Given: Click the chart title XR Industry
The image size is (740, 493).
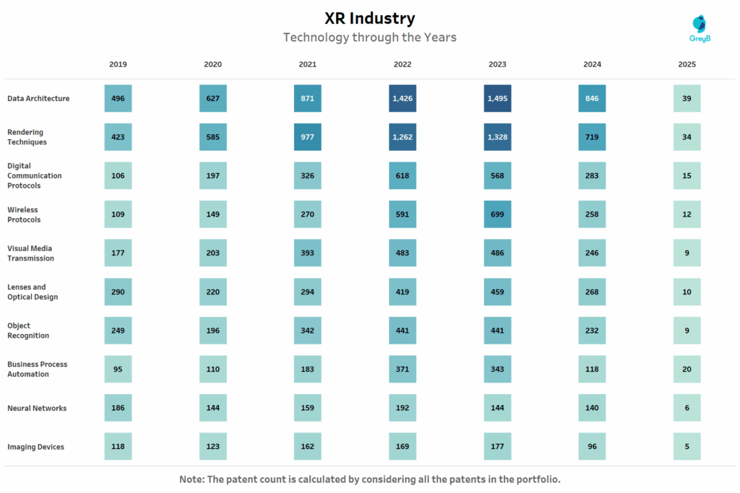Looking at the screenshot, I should point(369,18).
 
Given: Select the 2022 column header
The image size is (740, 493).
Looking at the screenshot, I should point(403,64).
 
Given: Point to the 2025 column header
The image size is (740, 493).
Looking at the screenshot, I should point(687,64).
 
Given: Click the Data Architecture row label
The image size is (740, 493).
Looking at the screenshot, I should point(38,98).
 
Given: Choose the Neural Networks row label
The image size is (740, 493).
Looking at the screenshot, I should point(37,408).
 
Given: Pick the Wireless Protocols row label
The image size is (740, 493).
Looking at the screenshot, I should point(24,214).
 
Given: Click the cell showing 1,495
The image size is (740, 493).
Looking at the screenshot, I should point(497,98).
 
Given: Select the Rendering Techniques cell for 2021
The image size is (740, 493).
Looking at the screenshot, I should point(307,137).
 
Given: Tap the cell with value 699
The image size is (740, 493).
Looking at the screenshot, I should point(497,214).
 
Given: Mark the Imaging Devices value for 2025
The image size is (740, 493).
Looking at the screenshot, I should point(687,447).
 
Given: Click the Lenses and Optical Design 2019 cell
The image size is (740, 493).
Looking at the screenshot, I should point(118,292).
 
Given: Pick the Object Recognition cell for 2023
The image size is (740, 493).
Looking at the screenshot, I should point(497,331).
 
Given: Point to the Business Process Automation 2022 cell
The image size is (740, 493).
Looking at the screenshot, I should point(403,369).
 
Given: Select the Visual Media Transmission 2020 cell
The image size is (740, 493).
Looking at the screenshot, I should point(212,253).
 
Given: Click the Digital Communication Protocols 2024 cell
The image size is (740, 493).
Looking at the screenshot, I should point(592,175).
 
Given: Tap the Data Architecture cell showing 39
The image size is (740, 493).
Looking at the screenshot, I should point(687,98).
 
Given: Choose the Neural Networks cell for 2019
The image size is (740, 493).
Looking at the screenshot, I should point(118,408).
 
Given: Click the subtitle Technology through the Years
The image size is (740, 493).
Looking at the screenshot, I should point(369,37).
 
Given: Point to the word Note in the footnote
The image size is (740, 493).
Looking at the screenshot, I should point(192,479).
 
